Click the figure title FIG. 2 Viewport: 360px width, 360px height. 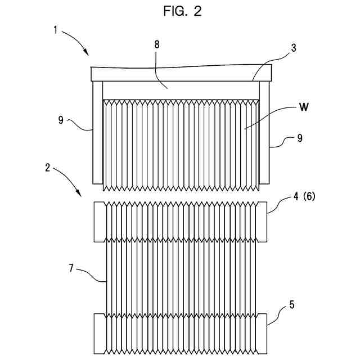click(x=179, y=11)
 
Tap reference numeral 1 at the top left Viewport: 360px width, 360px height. click(x=55, y=30)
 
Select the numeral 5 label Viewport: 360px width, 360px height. click(x=291, y=305)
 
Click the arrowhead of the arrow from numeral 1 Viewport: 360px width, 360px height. click(x=87, y=54)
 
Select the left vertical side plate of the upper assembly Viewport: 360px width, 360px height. click(x=98, y=132)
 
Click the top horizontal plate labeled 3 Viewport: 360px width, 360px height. click(x=181, y=74)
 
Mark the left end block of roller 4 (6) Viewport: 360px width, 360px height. click(x=101, y=222)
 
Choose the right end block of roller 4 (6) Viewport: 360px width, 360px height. click(x=260, y=222)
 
